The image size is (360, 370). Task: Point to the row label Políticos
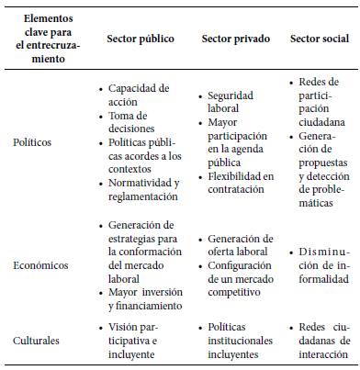[33, 143]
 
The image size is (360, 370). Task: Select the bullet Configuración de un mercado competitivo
[241, 272]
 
